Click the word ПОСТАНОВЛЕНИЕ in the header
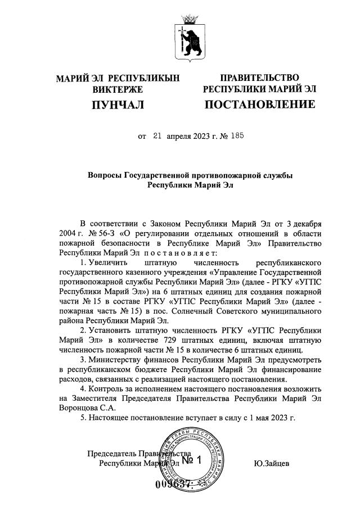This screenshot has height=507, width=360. point(259,105)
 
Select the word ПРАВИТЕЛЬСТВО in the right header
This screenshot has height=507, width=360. point(259,78)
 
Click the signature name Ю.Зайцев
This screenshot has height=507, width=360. point(272,464)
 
